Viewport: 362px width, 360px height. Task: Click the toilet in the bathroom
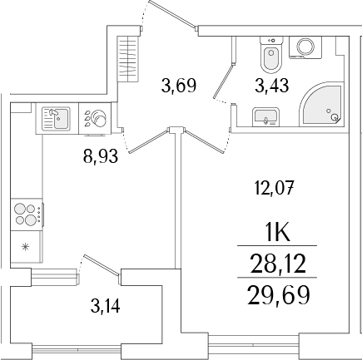point(270,57)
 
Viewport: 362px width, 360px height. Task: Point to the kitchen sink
point(57,119)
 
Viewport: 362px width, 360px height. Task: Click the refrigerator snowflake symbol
point(26,247)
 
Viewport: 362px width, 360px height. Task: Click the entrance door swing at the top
point(171,17)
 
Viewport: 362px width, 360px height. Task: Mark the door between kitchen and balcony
point(93,270)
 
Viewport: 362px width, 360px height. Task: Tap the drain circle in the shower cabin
point(335,118)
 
